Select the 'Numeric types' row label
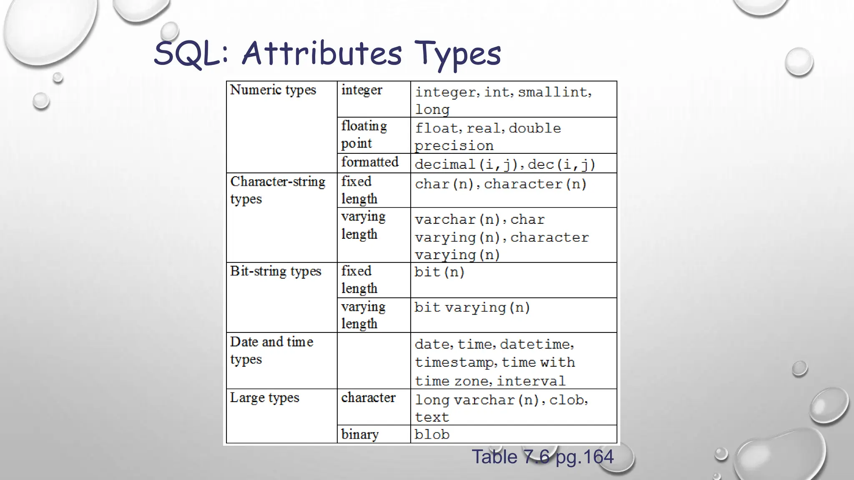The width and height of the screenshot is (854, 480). (273, 90)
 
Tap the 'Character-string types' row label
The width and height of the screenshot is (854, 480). (277, 190)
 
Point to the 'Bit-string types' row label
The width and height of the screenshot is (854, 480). (276, 271)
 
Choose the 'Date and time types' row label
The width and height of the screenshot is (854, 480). (271, 350)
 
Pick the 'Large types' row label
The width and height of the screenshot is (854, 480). (265, 397)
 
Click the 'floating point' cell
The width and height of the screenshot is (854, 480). (364, 135)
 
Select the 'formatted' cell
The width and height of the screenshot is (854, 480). (370, 162)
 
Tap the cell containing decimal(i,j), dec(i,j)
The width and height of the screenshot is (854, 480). (505, 164)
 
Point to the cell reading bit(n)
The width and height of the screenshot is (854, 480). (440, 272)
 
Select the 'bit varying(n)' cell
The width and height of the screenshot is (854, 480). (472, 307)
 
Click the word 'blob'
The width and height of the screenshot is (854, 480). (432, 435)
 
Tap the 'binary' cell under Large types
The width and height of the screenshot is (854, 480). (360, 435)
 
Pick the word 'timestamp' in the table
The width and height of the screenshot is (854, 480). (454, 362)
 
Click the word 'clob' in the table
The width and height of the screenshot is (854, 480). (567, 400)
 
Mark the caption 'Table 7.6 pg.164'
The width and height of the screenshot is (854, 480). (543, 457)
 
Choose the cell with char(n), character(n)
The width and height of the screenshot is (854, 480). (500, 184)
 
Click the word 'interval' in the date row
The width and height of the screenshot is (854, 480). (531, 381)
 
